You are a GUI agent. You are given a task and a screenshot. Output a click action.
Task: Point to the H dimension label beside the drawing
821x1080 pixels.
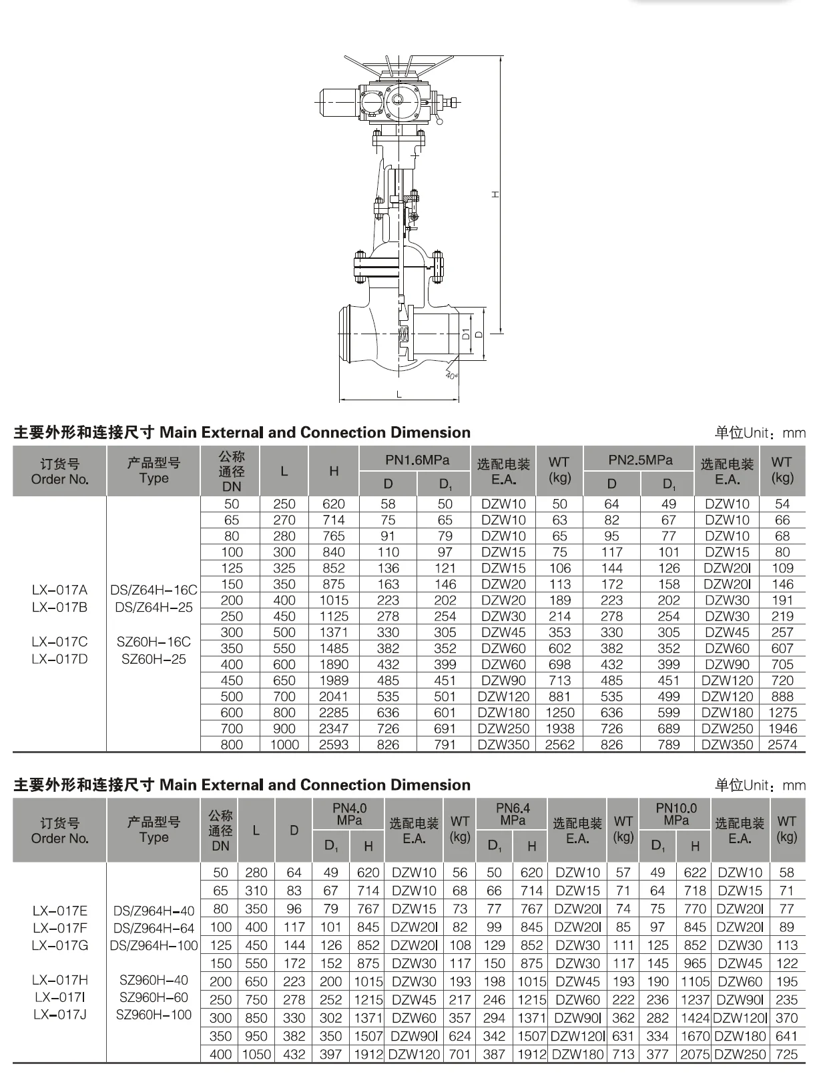[x=495, y=194]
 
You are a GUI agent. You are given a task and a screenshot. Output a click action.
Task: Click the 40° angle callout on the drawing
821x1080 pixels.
[x=451, y=376]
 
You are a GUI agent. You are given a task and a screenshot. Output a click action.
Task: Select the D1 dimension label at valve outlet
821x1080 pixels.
[x=466, y=334]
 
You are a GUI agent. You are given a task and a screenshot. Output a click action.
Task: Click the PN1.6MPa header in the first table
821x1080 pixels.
[x=417, y=460]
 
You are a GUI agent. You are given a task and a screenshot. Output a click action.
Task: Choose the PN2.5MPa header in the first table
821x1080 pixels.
[x=640, y=460]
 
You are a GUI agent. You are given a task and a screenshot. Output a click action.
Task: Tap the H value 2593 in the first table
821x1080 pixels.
[x=334, y=744]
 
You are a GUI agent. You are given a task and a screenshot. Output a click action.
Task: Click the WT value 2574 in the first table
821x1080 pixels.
[x=782, y=744]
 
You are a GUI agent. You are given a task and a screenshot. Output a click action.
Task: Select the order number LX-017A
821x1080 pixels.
[x=59, y=590]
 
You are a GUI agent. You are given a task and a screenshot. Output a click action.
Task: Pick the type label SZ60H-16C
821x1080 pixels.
[x=154, y=642]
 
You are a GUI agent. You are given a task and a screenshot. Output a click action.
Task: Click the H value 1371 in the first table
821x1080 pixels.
[x=334, y=632]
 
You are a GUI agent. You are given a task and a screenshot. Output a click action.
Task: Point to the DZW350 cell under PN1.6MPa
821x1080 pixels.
[x=503, y=744]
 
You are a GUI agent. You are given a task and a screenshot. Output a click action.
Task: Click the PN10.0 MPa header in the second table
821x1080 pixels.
[x=675, y=814]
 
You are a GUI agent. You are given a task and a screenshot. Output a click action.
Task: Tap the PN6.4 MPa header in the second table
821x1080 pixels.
[x=513, y=814]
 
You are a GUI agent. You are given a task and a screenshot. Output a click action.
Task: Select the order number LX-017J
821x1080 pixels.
[x=59, y=1015]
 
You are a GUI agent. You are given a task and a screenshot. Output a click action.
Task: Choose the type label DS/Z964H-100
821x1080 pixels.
[x=155, y=945]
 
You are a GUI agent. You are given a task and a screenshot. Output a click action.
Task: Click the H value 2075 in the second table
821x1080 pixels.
[x=695, y=1055]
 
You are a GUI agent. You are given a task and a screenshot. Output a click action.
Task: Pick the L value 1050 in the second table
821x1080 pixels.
[x=256, y=1055]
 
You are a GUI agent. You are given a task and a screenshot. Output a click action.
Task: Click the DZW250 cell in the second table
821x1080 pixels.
[x=740, y=1055]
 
